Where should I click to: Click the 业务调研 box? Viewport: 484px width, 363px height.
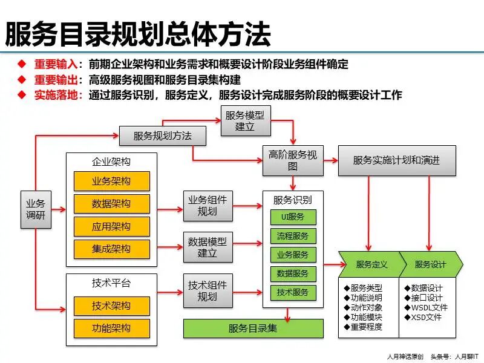pos(35,210)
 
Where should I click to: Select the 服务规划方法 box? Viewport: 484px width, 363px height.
pos(162,136)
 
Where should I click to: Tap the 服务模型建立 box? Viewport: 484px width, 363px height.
pos(244,120)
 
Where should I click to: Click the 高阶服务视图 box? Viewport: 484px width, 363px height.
pos(292,160)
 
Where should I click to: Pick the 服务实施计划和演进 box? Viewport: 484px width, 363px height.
pos(396,160)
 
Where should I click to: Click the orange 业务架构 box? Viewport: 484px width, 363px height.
pos(111,181)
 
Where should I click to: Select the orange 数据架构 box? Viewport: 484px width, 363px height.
pos(111,204)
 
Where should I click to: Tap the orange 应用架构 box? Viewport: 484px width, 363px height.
pos(111,227)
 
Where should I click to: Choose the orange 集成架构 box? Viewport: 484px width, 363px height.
pos(111,249)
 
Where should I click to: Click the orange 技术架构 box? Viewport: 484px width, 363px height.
pos(111,306)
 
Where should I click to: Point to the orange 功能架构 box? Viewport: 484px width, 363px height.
pos(111,329)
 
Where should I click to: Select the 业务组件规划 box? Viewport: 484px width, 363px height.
pos(207,206)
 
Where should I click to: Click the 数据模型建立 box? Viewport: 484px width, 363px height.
pos(207,247)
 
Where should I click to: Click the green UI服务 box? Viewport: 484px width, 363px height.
pos(293,217)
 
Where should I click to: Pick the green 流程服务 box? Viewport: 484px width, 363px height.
pos(293,236)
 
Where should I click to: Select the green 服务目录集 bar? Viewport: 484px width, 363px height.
pos(253,329)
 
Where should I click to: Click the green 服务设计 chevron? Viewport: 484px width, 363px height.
pos(431,264)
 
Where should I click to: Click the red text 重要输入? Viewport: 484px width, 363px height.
pos(56,64)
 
